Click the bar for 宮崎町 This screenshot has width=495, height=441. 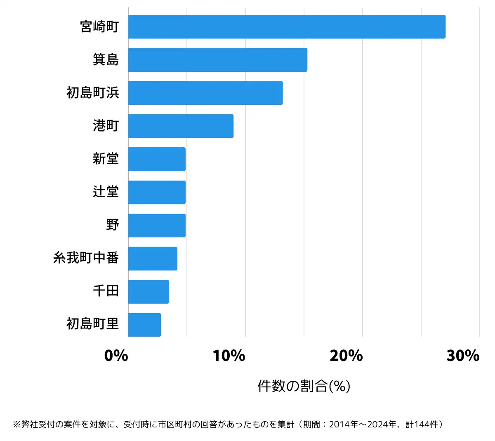click(x=287, y=27)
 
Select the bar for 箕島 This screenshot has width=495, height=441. click(x=217, y=60)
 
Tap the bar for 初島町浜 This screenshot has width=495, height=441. click(x=205, y=93)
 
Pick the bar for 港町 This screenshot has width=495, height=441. click(x=181, y=126)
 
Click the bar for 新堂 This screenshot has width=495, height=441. click(x=157, y=159)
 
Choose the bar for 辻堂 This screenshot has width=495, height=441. click(x=157, y=192)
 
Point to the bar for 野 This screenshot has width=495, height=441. click(x=157, y=225)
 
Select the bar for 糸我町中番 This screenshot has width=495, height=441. click(x=153, y=259)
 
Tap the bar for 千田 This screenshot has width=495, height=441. click(x=148, y=292)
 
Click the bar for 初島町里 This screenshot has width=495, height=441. click(x=144, y=325)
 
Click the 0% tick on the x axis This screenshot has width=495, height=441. click(x=116, y=356)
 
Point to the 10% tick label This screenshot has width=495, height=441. click(x=229, y=356)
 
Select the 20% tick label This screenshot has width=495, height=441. click(x=346, y=356)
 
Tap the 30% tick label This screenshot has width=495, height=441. click(x=463, y=356)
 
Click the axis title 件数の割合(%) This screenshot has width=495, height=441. click(x=304, y=386)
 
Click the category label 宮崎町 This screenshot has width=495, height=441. click(x=99, y=27)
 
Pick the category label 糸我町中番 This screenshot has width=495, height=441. click(x=86, y=258)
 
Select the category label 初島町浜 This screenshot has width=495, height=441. click(x=93, y=93)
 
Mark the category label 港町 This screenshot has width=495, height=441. click(x=106, y=126)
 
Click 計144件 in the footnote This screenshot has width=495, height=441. click(x=422, y=424)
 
